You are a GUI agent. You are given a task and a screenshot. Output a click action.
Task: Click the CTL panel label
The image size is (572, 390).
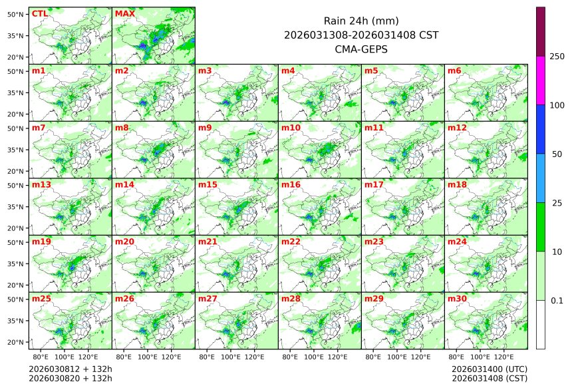tap(39, 13)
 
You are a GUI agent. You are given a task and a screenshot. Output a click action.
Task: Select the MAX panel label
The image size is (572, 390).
tap(124, 13)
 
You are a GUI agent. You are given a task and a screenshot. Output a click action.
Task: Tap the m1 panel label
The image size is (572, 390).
tap(39, 71)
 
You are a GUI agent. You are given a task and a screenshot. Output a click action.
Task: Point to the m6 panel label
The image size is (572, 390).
tap(454, 71)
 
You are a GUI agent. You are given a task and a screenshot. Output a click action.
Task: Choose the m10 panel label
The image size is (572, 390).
tap(291, 127)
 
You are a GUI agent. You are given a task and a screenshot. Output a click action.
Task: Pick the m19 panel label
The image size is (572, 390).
tap(41, 242)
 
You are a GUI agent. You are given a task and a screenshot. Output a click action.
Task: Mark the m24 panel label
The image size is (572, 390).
tap(457, 242)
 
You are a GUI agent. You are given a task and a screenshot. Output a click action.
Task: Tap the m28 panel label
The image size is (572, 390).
tap(291, 299)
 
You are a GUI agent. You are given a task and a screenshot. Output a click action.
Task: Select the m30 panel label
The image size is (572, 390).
tap(457, 299)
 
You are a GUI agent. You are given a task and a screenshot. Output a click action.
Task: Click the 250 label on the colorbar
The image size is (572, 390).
tap(557, 57)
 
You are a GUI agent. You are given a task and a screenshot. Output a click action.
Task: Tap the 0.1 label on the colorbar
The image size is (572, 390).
tap(557, 300)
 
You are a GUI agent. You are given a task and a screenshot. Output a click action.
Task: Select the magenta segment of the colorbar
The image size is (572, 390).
tap(541, 81)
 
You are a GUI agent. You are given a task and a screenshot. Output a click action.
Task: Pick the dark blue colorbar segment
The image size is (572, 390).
tap(541, 129)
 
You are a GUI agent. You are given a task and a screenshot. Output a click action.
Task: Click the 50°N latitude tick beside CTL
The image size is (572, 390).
tap(16, 14)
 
